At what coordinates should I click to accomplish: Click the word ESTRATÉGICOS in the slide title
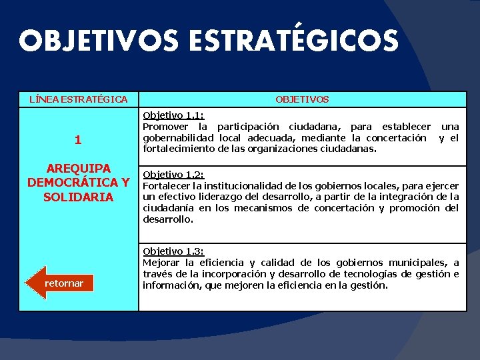coord(293,41)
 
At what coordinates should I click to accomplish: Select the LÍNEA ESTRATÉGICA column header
coord(79,99)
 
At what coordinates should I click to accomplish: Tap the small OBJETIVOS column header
coord(302,99)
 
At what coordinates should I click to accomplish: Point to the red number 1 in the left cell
coord(78,140)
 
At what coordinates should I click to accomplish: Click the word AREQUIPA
coord(78,168)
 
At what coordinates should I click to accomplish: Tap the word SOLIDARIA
coord(78,197)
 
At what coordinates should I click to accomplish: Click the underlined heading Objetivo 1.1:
coord(173,115)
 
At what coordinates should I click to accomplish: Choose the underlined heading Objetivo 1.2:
coord(173,175)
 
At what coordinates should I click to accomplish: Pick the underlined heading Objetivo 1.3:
coord(173,251)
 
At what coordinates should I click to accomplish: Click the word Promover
coord(165,127)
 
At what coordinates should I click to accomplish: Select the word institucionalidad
coord(245,185)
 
